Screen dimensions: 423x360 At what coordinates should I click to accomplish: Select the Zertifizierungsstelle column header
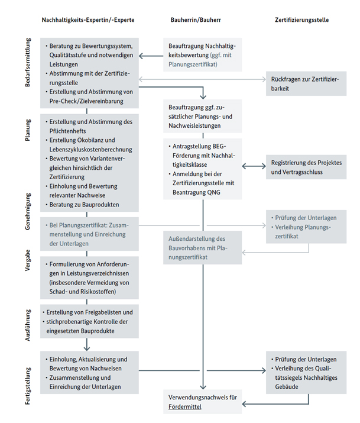pyautogui.click(x=302, y=20)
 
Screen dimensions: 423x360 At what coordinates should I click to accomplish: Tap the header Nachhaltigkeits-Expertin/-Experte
pyautogui.click(x=88, y=20)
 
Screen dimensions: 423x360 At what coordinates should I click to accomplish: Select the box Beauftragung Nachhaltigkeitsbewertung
pyautogui.click(x=202, y=54)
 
